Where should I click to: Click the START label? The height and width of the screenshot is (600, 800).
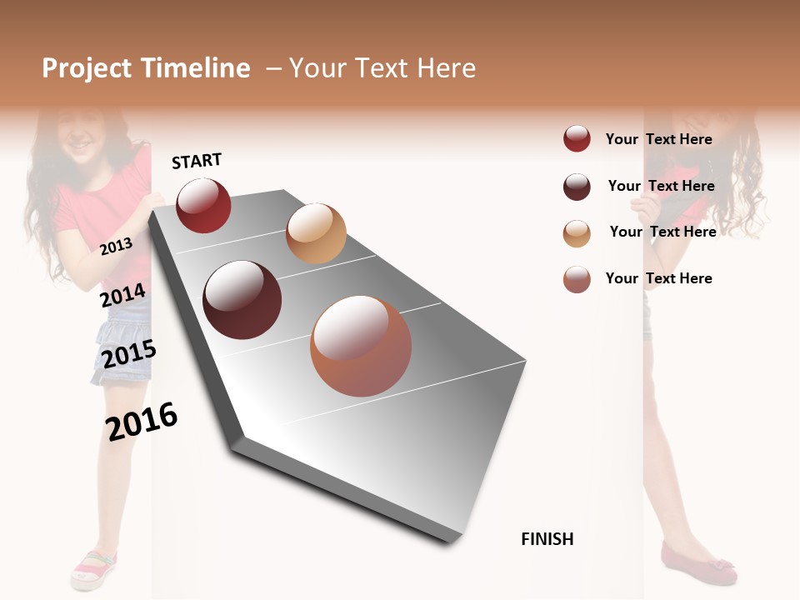(197, 161)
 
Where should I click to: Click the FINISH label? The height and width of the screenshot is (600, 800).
(547, 539)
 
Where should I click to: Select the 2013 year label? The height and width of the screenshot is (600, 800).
(116, 246)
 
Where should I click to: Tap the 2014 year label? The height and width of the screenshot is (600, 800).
(122, 295)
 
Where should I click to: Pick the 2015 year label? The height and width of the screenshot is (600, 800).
(129, 354)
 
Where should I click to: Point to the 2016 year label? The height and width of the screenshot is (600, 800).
(142, 421)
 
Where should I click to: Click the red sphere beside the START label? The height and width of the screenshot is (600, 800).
(203, 205)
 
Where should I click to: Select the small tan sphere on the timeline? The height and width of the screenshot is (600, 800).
(316, 233)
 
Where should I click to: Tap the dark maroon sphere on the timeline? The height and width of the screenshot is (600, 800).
(242, 300)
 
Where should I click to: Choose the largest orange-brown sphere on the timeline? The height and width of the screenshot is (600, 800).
(361, 346)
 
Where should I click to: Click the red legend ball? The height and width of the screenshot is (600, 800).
(577, 138)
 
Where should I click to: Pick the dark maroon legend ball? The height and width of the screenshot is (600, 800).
(577, 187)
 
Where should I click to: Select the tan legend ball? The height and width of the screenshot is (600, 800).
(577, 233)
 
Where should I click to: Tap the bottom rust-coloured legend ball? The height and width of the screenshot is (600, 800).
(577, 279)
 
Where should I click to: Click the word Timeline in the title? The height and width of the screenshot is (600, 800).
(196, 68)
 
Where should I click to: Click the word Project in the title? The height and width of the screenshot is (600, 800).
(87, 68)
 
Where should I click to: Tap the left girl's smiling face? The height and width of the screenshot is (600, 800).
(79, 133)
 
